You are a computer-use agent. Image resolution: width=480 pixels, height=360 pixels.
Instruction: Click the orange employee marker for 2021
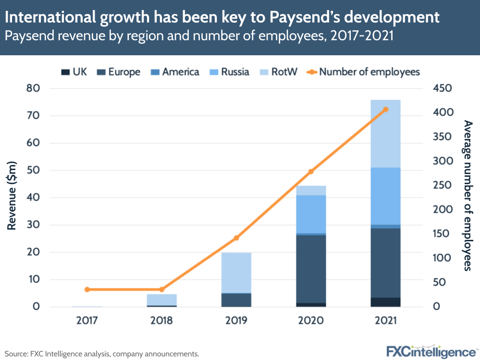tap(386, 110)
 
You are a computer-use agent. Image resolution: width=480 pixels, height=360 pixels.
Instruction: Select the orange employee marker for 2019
tap(236, 238)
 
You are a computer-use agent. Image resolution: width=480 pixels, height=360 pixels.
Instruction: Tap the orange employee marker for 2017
tap(87, 289)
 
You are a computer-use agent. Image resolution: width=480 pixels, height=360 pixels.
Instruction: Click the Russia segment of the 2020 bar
tap(311, 214)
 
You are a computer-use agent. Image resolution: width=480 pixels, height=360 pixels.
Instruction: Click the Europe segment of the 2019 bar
tap(236, 300)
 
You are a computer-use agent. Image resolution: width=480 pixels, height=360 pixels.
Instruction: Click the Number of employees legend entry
tap(364, 72)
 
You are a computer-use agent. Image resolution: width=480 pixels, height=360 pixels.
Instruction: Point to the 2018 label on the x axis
tap(161, 321)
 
